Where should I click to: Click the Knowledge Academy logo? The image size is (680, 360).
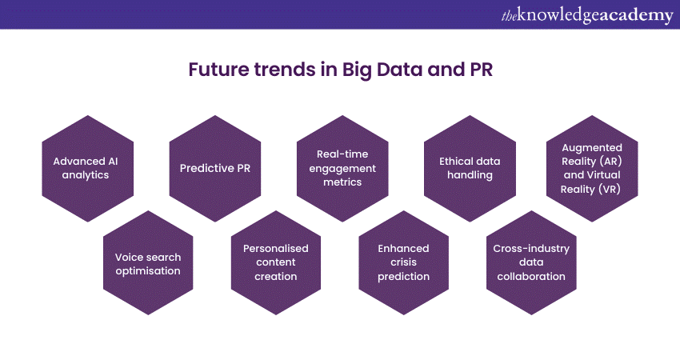point(587,15)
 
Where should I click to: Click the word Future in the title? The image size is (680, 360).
point(219,70)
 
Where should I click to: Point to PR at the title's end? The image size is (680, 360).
point(482,70)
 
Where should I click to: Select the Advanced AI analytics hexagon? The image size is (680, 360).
point(88,168)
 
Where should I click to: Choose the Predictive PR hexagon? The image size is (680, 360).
point(215,168)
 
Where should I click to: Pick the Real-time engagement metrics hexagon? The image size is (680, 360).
point(342,168)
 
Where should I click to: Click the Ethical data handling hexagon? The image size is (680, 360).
point(470,168)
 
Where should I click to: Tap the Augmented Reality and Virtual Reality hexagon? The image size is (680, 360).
point(592,168)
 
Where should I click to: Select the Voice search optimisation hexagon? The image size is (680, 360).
point(148,263)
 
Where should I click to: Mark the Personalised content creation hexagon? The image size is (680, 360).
point(276,263)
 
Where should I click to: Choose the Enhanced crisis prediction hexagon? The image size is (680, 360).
point(404,263)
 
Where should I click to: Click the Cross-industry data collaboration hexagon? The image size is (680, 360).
point(531,263)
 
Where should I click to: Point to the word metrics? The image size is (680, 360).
point(342,182)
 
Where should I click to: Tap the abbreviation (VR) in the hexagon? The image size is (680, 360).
point(610,190)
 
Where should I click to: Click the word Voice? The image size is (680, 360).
point(126,258)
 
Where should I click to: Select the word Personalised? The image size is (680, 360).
point(276,249)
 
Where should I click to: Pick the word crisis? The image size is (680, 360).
point(404,262)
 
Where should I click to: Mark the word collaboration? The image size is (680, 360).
point(531,277)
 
